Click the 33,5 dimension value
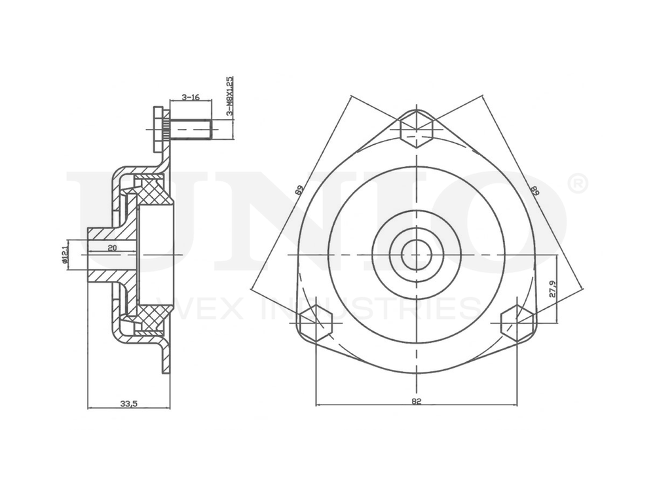tap(128, 403)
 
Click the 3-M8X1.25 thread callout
tap(229, 96)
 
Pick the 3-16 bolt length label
tap(190, 97)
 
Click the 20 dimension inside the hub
tap(112, 247)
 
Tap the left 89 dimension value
tap(299, 191)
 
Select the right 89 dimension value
tap(534, 191)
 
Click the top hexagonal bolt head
tap(416, 128)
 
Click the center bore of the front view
tap(416, 254)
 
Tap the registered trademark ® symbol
tap(577, 184)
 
